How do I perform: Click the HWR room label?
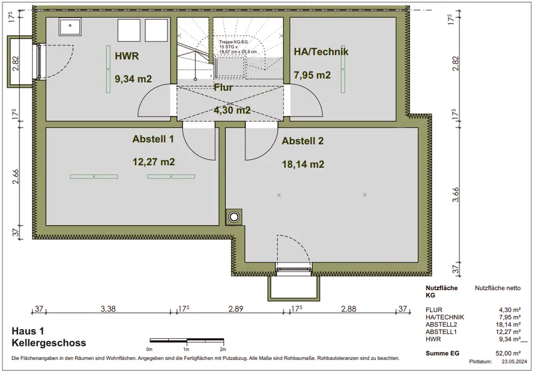point(127,56)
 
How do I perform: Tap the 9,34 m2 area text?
point(133,79)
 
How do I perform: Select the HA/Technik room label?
point(321,51)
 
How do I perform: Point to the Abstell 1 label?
point(153,139)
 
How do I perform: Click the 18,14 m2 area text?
point(303,164)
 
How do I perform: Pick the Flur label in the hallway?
point(223,88)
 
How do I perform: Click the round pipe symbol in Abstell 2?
point(234,217)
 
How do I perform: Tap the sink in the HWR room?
point(70,27)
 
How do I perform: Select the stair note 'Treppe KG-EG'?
point(234,42)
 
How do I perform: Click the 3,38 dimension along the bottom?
point(108,308)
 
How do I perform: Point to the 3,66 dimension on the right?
point(456,195)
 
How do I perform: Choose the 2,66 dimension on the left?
point(15,177)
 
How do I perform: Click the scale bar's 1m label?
point(186,349)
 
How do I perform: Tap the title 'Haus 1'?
point(28,331)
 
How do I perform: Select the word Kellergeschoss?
point(49,343)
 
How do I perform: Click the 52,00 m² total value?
point(508,353)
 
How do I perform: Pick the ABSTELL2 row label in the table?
point(441,324)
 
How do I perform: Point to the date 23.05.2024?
point(514,361)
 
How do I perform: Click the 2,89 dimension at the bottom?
point(235,308)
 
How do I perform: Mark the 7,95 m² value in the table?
point(509,317)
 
